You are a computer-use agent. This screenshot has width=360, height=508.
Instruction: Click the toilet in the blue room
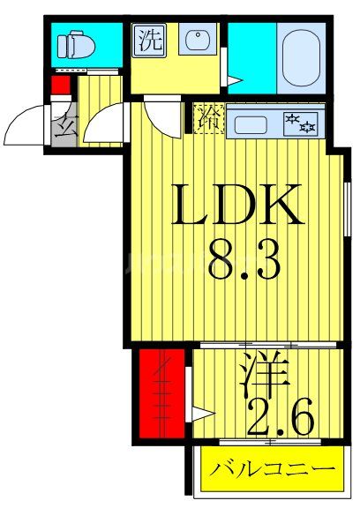coord(72,43)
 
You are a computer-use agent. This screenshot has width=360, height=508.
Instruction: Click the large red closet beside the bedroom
coord(161,392)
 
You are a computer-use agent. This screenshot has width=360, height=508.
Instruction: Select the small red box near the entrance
coord(60,86)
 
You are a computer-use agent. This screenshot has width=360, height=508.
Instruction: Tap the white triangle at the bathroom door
coord(231,81)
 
